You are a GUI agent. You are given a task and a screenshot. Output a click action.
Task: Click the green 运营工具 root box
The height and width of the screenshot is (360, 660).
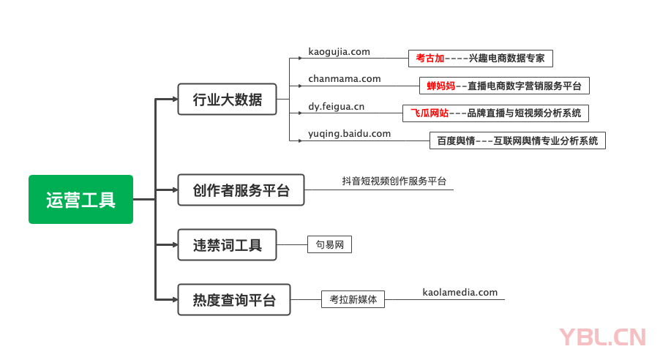80,199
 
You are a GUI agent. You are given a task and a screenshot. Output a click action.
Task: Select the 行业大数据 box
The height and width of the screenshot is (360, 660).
228,99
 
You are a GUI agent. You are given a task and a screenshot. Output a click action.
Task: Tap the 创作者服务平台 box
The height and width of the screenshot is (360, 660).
241,190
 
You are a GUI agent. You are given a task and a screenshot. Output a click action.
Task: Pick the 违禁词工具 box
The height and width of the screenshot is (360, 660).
228,244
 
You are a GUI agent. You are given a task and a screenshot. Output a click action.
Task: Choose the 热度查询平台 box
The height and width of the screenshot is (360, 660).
234,299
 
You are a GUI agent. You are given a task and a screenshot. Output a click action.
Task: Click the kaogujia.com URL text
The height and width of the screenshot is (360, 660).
339,52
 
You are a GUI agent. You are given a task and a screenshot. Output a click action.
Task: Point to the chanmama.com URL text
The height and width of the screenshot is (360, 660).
345,79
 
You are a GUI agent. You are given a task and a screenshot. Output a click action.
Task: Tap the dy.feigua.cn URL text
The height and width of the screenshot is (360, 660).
337,107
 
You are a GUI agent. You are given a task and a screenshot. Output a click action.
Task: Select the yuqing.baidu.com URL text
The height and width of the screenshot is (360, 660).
350,134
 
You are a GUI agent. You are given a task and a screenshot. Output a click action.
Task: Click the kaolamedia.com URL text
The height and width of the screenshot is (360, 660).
460,293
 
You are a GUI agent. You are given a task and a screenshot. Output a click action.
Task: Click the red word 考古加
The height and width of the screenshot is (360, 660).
430,59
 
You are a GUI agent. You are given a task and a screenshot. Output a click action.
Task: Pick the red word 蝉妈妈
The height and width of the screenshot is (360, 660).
441,86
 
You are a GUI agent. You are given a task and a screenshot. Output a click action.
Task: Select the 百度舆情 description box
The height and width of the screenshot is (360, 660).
517,140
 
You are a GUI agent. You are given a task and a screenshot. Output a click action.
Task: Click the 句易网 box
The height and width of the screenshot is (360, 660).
329,244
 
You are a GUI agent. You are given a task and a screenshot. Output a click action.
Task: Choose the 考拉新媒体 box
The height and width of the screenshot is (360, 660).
353,299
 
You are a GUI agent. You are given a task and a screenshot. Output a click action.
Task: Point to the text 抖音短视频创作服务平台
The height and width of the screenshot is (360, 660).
394,181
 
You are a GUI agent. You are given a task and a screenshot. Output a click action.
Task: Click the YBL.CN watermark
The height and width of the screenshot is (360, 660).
602,337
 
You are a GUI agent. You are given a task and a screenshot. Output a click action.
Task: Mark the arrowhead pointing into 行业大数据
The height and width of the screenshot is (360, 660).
173,99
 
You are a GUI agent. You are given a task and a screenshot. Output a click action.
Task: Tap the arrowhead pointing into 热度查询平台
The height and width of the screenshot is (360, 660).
173,299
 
